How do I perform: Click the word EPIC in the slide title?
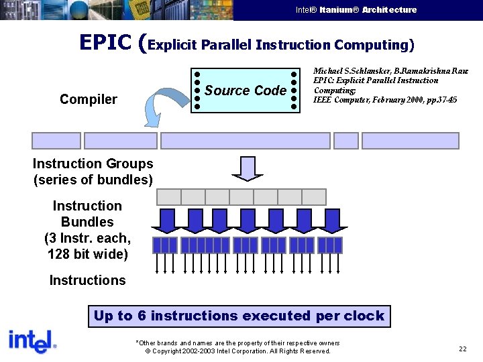(x=105, y=43)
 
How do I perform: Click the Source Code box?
(x=246, y=90)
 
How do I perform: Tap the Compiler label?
(x=88, y=100)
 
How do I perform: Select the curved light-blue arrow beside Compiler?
(x=158, y=107)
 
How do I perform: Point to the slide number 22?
(x=463, y=349)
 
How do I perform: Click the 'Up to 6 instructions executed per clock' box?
(x=239, y=316)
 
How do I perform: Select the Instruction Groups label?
(x=93, y=164)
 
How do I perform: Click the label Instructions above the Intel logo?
(x=87, y=280)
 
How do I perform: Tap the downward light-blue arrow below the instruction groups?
(x=248, y=168)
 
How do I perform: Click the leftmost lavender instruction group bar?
(x=56, y=141)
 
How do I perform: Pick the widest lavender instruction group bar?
(x=245, y=141)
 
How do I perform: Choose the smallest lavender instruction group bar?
(x=346, y=141)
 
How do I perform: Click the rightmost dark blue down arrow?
(x=329, y=220)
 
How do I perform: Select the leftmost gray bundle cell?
(x=168, y=196)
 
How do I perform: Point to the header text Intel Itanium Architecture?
(x=356, y=10)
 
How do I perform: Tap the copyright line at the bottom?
(x=238, y=351)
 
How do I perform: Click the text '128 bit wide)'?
(x=87, y=254)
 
